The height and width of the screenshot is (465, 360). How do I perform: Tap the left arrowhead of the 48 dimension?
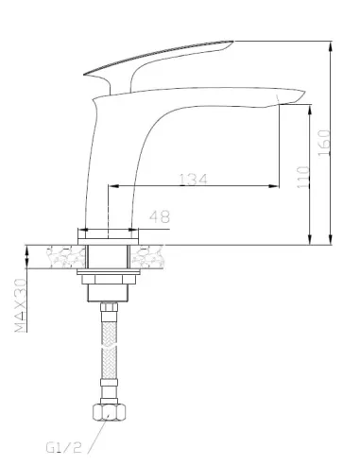tap(81, 228)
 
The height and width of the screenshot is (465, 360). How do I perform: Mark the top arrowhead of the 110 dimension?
tap(308, 106)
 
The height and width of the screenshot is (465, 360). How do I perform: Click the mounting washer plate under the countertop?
tap(110, 280)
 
